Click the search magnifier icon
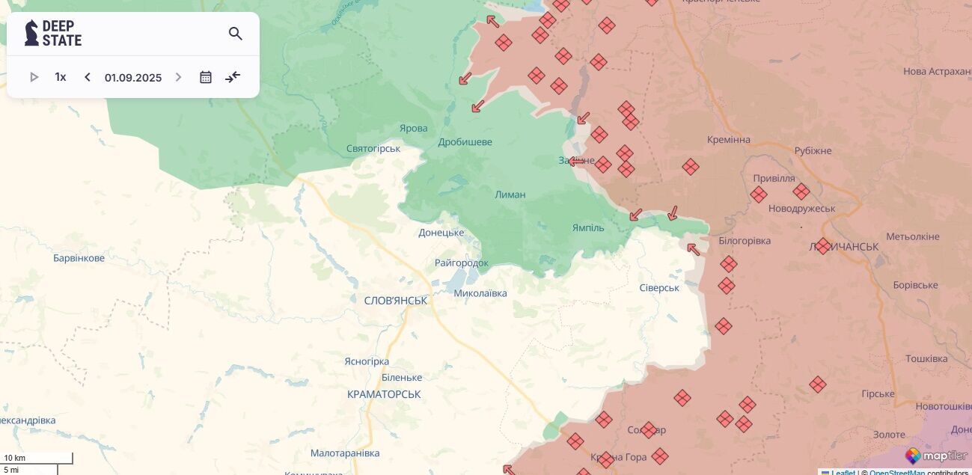pyautogui.click(x=236, y=34)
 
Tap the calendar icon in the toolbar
pyautogui.click(x=206, y=77)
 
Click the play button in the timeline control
pyautogui.click(x=34, y=77)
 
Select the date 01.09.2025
pyautogui.click(x=133, y=78)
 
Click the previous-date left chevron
pyautogui.click(x=88, y=77)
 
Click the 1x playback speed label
pyautogui.click(x=61, y=77)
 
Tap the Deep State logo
pyautogui.click(x=53, y=34)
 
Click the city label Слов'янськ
pyautogui.click(x=395, y=301)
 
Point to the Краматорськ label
pyautogui.click(x=384, y=394)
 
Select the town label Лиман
pyautogui.click(x=510, y=194)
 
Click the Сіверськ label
pyautogui.click(x=659, y=288)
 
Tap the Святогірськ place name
pyautogui.click(x=373, y=149)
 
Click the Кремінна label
pyautogui.click(x=728, y=140)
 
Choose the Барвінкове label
pyautogui.click(x=79, y=258)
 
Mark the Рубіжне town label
pyautogui.click(x=813, y=150)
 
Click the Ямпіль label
pyautogui.click(x=588, y=227)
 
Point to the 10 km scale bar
pyautogui.click(x=37, y=458)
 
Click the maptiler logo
pyautogui.click(x=936, y=456)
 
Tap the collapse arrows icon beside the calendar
pyautogui.click(x=233, y=77)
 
